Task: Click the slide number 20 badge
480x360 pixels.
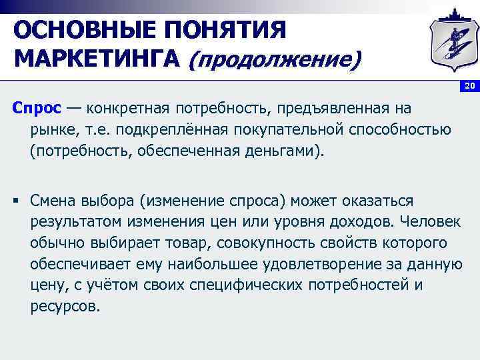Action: coord(469,87)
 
